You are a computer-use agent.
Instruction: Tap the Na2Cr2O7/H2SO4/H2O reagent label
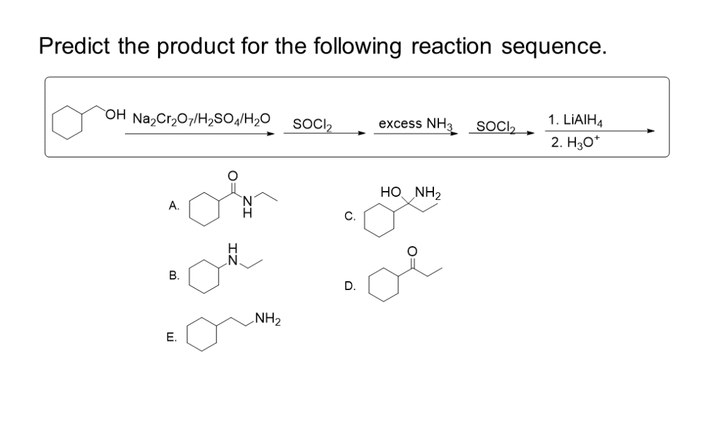[x=200, y=118]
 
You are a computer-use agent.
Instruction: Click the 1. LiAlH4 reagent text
[x=580, y=119]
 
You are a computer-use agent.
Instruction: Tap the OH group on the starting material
[x=115, y=114]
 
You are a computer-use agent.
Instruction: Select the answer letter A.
[x=174, y=206]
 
